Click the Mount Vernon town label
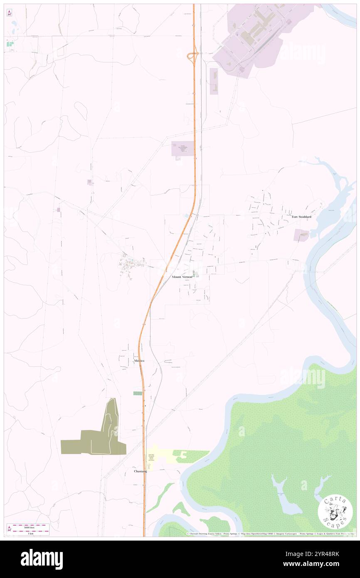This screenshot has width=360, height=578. coord(182,277)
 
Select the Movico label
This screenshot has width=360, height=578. coord(139,361)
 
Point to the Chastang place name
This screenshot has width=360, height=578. coord(140,471)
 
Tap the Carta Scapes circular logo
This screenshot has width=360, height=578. coord(335,512)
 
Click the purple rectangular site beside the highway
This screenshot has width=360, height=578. coord(182,148)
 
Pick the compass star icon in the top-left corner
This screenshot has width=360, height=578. coord(9,13)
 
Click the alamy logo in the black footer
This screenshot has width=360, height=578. coord(42,559)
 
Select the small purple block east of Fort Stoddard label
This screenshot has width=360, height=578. coord(301,235)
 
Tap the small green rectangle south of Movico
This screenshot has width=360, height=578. coord(137,393)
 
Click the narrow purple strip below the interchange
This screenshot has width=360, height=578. coord(214,81)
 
